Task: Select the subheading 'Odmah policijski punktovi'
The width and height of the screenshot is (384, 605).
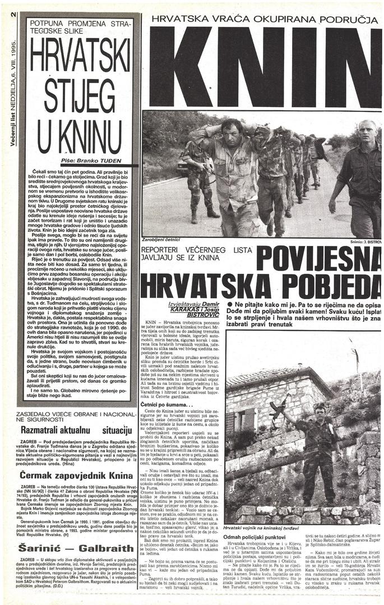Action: [x=258, y=537]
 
